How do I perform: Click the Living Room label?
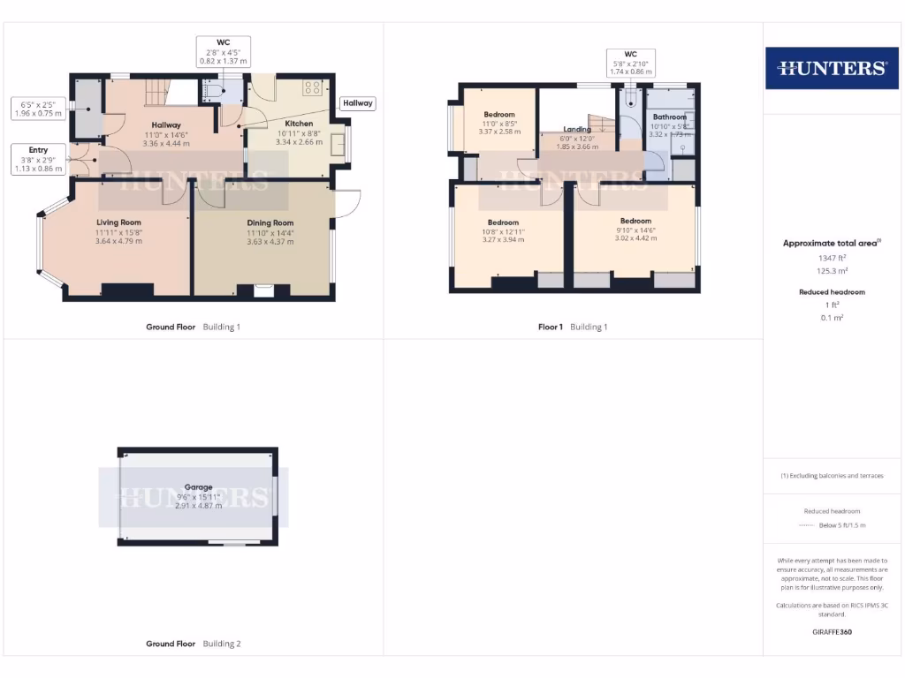click(x=118, y=222)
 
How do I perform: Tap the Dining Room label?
click(x=270, y=223)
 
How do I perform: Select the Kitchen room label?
click(x=299, y=124)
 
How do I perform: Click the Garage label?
click(x=198, y=487)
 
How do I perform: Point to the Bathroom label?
click(x=669, y=117)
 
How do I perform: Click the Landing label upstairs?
click(x=577, y=130)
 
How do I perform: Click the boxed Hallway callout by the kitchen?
click(x=358, y=103)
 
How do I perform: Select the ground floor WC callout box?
click(x=224, y=52)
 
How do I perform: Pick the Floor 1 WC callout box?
click(x=630, y=63)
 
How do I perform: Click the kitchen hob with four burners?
click(x=313, y=87)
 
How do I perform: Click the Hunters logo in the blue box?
click(x=831, y=68)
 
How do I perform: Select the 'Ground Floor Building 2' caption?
click(x=193, y=644)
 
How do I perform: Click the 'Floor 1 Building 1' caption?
click(x=573, y=328)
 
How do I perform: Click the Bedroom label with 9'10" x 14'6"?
click(x=635, y=221)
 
